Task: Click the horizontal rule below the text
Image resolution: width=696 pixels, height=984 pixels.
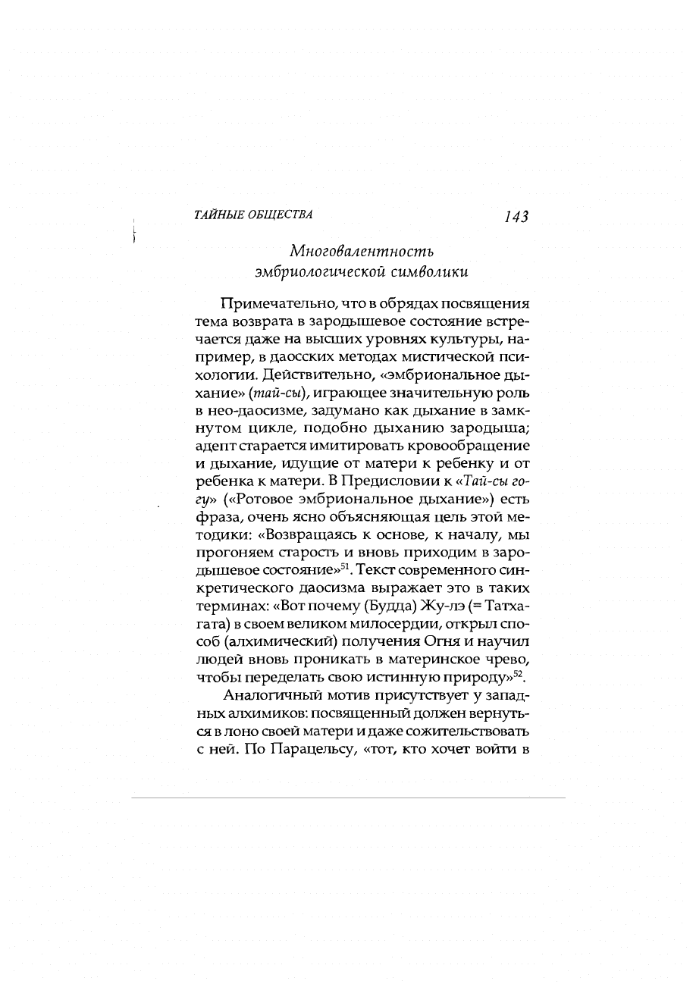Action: pyautogui.click(x=348, y=797)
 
